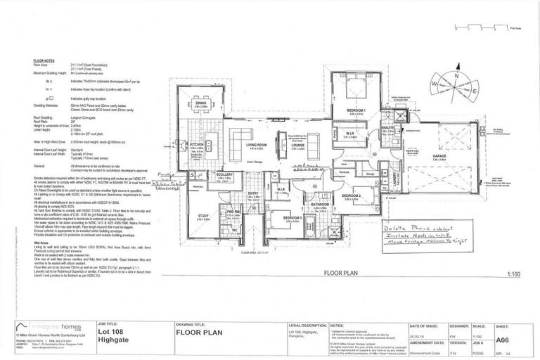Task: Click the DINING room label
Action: coord(200,103)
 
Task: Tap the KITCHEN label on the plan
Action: coord(197,146)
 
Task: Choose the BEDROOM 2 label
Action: coord(352,195)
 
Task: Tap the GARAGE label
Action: coord(440,157)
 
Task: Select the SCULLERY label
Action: coord(224,176)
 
